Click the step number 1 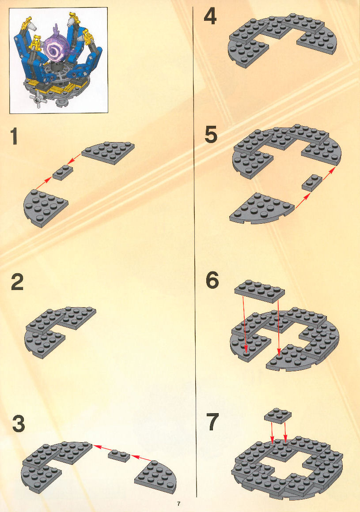[x=14, y=136]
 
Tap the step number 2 [x=17, y=282]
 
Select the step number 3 [x=19, y=424]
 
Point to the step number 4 [x=210, y=17]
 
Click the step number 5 [x=211, y=135]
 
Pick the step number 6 [x=212, y=280]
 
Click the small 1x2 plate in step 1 [x=63, y=173]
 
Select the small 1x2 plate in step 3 [x=119, y=455]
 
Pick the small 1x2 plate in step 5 [x=312, y=183]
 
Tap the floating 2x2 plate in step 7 [x=278, y=415]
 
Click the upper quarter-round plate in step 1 [x=108, y=152]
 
